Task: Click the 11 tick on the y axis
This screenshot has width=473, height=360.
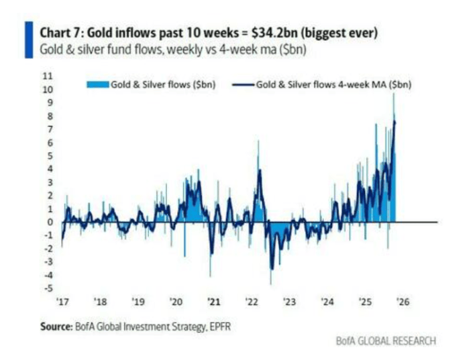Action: pyautogui.click(x=47, y=75)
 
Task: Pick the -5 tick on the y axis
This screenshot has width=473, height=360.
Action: pyautogui.click(x=47, y=288)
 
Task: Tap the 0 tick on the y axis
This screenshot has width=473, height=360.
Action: pyautogui.click(x=49, y=222)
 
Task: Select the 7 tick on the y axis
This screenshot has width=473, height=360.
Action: pyautogui.click(x=49, y=128)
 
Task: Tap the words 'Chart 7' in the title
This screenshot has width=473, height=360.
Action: pyautogui.click(x=62, y=32)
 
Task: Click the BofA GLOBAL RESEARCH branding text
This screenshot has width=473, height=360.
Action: pyautogui.click(x=386, y=341)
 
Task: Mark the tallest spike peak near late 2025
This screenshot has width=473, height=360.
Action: pyautogui.click(x=394, y=95)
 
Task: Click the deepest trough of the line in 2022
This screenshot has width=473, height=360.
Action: pyautogui.click(x=272, y=269)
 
